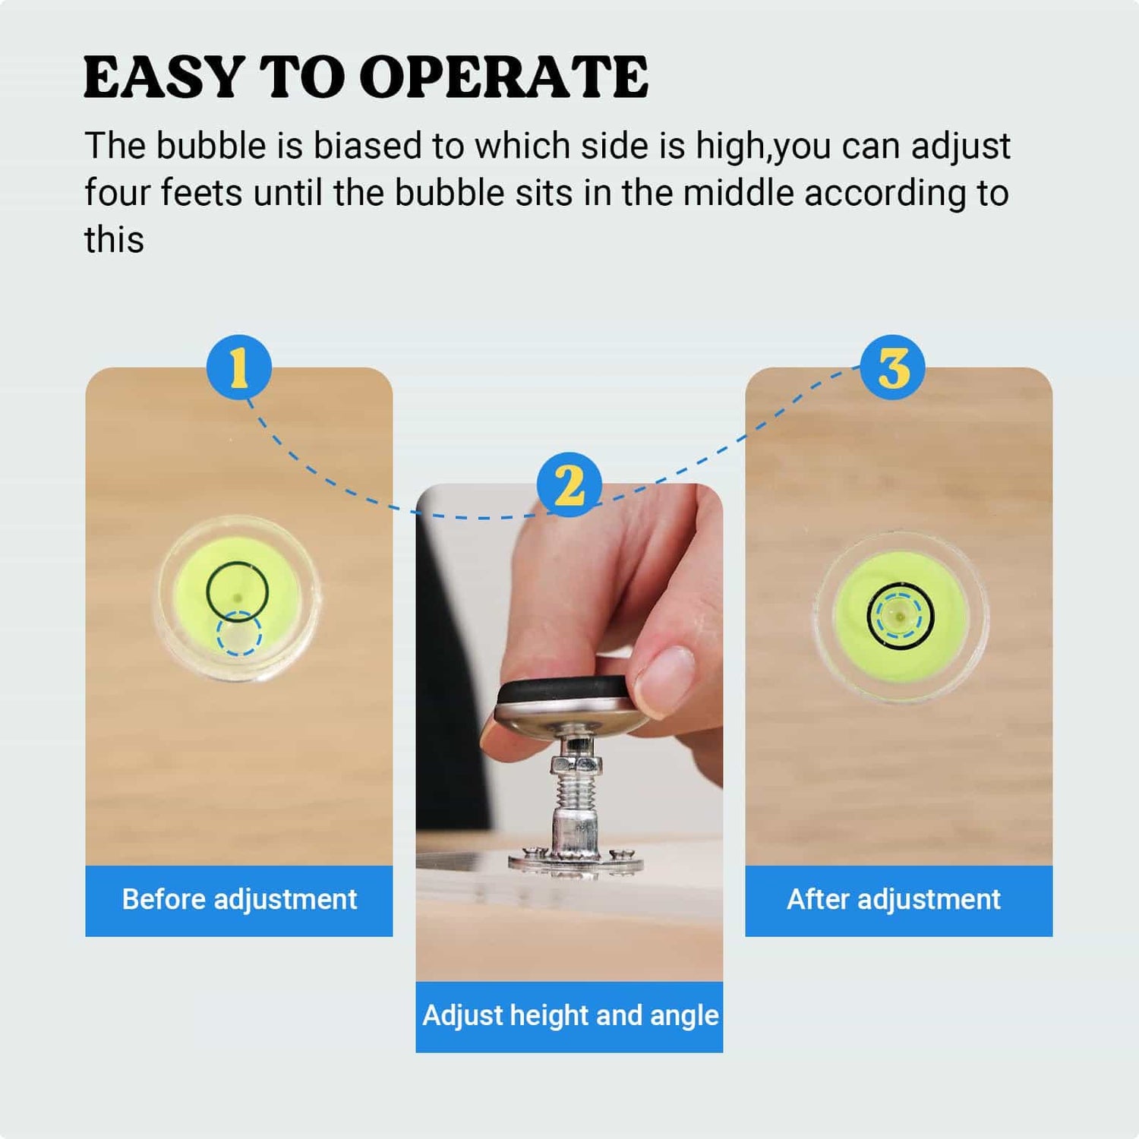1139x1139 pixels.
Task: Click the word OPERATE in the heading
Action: [x=503, y=77]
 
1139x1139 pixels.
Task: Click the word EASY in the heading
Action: [x=163, y=77]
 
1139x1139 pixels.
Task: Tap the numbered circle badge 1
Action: [x=239, y=368]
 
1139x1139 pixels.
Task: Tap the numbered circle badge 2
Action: [x=569, y=484]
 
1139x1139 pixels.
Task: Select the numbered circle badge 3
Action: [x=893, y=368]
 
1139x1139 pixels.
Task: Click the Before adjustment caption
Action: [x=239, y=900]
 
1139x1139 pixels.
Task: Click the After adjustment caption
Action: [x=894, y=900]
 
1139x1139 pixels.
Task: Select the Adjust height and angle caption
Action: [x=569, y=1016]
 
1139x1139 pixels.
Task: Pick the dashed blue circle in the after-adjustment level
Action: [x=900, y=617]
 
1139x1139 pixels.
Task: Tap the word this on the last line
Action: [x=114, y=240]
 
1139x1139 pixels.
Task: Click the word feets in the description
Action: [x=201, y=193]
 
